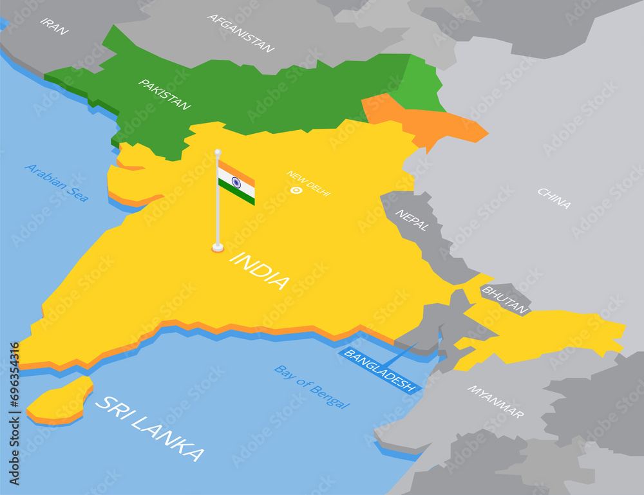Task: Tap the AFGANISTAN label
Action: (241, 33)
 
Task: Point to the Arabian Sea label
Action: (57, 183)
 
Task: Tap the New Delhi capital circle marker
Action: (296, 190)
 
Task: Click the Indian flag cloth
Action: (236, 183)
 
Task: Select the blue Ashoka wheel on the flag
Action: (236, 183)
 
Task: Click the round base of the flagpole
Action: (218, 247)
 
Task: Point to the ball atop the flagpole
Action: (218, 153)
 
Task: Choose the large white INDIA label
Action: (260, 270)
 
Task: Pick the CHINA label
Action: (554, 198)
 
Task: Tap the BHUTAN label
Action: (504, 299)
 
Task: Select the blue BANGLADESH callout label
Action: (379, 371)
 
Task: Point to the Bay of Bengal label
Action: (312, 387)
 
